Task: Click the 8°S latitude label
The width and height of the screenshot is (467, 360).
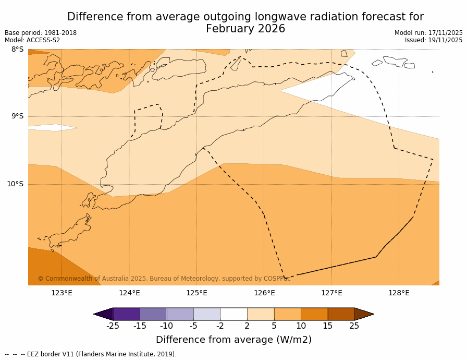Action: point(17,50)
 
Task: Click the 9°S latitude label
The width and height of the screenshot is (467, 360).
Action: point(17,116)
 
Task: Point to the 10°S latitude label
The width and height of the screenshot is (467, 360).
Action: point(15,184)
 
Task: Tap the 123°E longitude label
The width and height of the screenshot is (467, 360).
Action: point(62,293)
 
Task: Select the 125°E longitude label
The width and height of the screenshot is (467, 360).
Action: point(196,293)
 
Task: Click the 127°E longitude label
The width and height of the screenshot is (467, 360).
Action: point(331,293)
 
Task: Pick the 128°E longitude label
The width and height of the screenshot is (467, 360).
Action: point(399,293)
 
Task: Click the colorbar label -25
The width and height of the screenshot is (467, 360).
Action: point(113,326)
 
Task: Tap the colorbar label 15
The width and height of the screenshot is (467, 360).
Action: point(327,326)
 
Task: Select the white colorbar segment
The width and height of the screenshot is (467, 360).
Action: point(233,314)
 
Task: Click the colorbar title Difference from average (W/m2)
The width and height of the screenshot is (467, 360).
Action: point(233,340)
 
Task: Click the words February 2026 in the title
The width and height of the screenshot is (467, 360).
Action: point(245,29)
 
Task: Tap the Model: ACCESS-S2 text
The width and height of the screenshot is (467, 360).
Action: point(32,40)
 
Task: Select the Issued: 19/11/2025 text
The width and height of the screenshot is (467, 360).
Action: point(434,40)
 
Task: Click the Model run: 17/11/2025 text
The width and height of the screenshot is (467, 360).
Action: point(428,33)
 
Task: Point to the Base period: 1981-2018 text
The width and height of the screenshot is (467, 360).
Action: point(41,33)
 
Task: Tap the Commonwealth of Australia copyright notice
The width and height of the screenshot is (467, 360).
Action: point(164,279)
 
